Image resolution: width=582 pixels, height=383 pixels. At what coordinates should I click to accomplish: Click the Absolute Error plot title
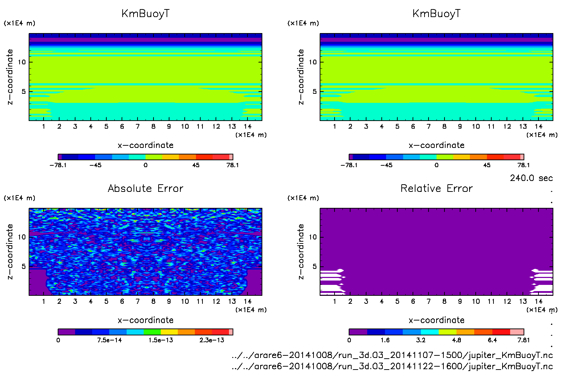tap(145, 188)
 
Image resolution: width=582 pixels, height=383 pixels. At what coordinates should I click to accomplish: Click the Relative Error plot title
tap(436, 188)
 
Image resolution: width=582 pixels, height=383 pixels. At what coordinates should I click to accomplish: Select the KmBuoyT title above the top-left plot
tap(145, 14)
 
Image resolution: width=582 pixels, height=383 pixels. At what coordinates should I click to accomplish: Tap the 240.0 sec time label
tap(531, 178)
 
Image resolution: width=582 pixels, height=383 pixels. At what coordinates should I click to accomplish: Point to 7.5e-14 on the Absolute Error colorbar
tap(109, 340)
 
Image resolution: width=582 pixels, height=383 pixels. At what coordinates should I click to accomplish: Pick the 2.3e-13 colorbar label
tap(212, 340)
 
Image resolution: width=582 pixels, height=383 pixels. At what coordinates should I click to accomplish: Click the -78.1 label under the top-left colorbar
tap(58, 165)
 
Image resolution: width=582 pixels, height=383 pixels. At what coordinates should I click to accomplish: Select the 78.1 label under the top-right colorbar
tap(524, 165)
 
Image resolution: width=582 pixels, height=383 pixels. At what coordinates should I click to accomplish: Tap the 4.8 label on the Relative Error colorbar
tap(456, 340)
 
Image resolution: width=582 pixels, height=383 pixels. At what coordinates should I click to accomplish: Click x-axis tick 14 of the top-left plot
tap(247, 126)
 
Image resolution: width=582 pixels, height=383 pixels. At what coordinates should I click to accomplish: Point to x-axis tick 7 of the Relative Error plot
tap(429, 301)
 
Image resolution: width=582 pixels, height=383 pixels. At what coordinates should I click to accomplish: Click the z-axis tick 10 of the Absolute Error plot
tap(22, 237)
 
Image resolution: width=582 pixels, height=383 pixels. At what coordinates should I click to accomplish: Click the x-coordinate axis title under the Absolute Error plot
tap(145, 320)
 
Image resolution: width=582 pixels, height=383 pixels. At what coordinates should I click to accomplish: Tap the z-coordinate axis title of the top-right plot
tap(301, 77)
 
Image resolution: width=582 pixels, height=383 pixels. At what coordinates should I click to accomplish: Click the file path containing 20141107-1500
tap(392, 355)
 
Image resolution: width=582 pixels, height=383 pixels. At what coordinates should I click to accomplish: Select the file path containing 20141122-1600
tap(392, 366)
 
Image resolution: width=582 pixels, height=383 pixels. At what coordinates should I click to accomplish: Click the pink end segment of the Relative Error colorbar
tap(517, 332)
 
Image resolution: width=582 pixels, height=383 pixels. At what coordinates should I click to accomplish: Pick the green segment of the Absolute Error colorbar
tap(152, 332)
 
